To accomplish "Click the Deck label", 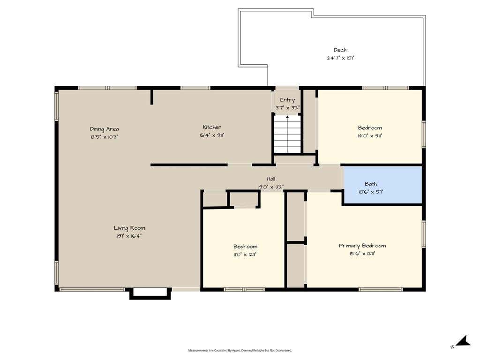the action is click(x=340, y=50).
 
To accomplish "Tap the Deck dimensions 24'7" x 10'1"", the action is click(x=340, y=58).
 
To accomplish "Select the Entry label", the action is click(x=287, y=100).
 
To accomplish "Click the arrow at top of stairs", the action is click(x=287, y=117).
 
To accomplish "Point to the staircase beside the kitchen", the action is click(x=287, y=134).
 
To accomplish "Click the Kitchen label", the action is click(x=212, y=127).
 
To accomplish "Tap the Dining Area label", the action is click(x=105, y=129).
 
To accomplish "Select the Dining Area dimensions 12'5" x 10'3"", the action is click(x=105, y=137).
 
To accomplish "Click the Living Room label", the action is click(x=129, y=228).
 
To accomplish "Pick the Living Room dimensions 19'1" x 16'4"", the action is click(x=129, y=236).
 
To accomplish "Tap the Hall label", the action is click(x=271, y=179).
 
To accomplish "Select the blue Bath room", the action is click(x=382, y=185).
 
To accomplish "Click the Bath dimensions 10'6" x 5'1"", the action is click(x=371, y=192).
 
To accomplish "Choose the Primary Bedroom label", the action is click(x=362, y=246).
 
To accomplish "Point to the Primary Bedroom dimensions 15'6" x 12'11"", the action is click(x=362, y=254).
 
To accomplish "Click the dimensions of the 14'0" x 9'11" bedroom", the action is click(x=370, y=135).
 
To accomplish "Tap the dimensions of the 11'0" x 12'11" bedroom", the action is click(x=245, y=255).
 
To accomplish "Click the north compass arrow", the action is click(x=463, y=341).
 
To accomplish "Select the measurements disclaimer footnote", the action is click(x=240, y=350).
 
